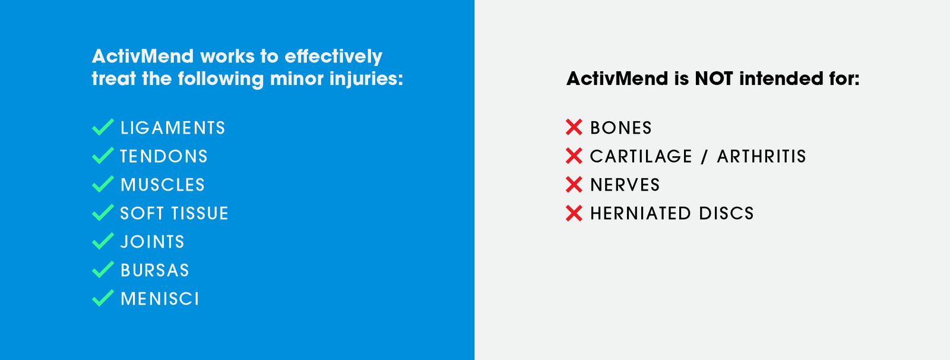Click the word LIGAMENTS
[173, 128]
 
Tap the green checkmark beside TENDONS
[103, 156]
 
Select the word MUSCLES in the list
[163, 185]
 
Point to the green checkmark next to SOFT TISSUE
[103, 213]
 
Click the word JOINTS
[153, 242]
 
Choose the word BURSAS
[155, 270]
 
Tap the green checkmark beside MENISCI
[103, 298]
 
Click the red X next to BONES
[574, 127]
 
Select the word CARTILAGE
[641, 156]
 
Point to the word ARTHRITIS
[761, 156]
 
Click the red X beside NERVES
[574, 184]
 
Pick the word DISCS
[726, 213]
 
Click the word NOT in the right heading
[714, 78]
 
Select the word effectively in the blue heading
[333, 56]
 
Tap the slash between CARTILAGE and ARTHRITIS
[704, 156]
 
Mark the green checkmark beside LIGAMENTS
[103, 127]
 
